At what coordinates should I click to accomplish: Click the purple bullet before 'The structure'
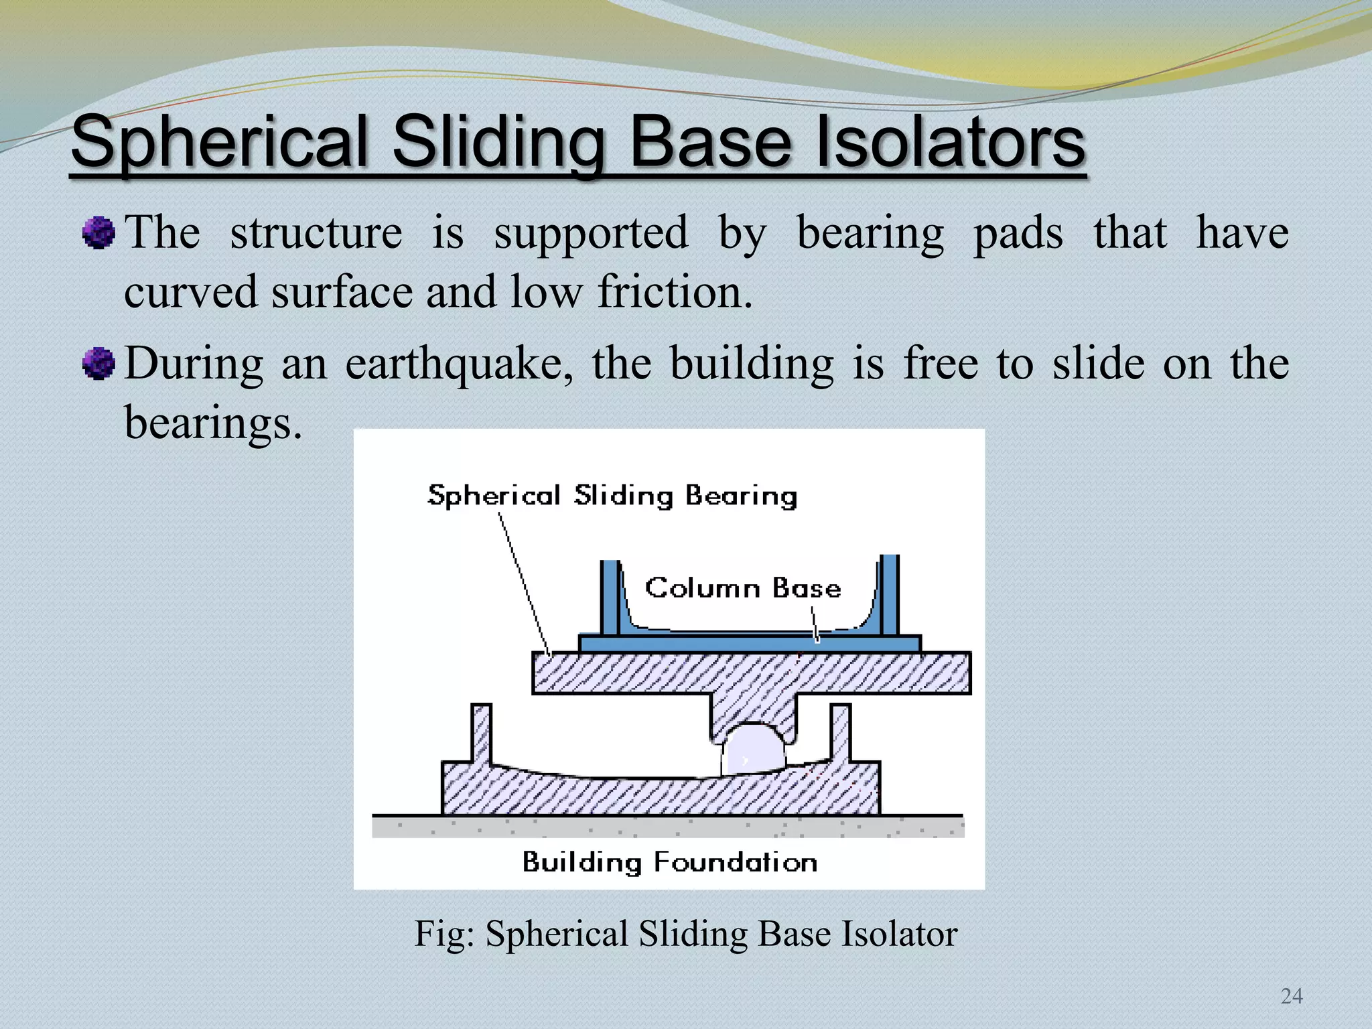(x=98, y=233)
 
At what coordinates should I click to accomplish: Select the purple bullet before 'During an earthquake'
(x=98, y=364)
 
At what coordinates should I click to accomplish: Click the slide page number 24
(x=1291, y=996)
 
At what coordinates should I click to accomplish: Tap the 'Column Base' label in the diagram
(x=742, y=588)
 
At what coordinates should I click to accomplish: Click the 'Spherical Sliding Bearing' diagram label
(x=612, y=496)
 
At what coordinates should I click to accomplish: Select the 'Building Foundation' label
(x=670, y=862)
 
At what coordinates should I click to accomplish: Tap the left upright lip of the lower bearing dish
(x=481, y=734)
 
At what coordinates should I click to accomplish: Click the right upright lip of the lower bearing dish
(x=841, y=734)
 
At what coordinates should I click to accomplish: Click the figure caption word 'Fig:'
(x=444, y=934)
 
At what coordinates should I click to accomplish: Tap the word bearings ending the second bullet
(x=213, y=424)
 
